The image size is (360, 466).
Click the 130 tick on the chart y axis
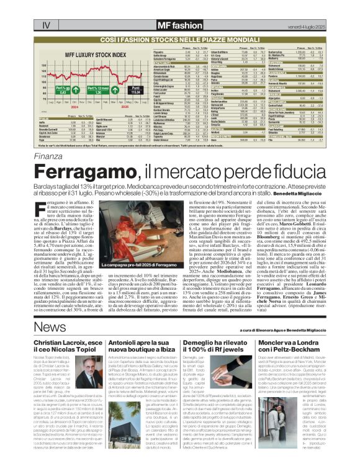coord(45,64)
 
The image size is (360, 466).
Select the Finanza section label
coord(48,142)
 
